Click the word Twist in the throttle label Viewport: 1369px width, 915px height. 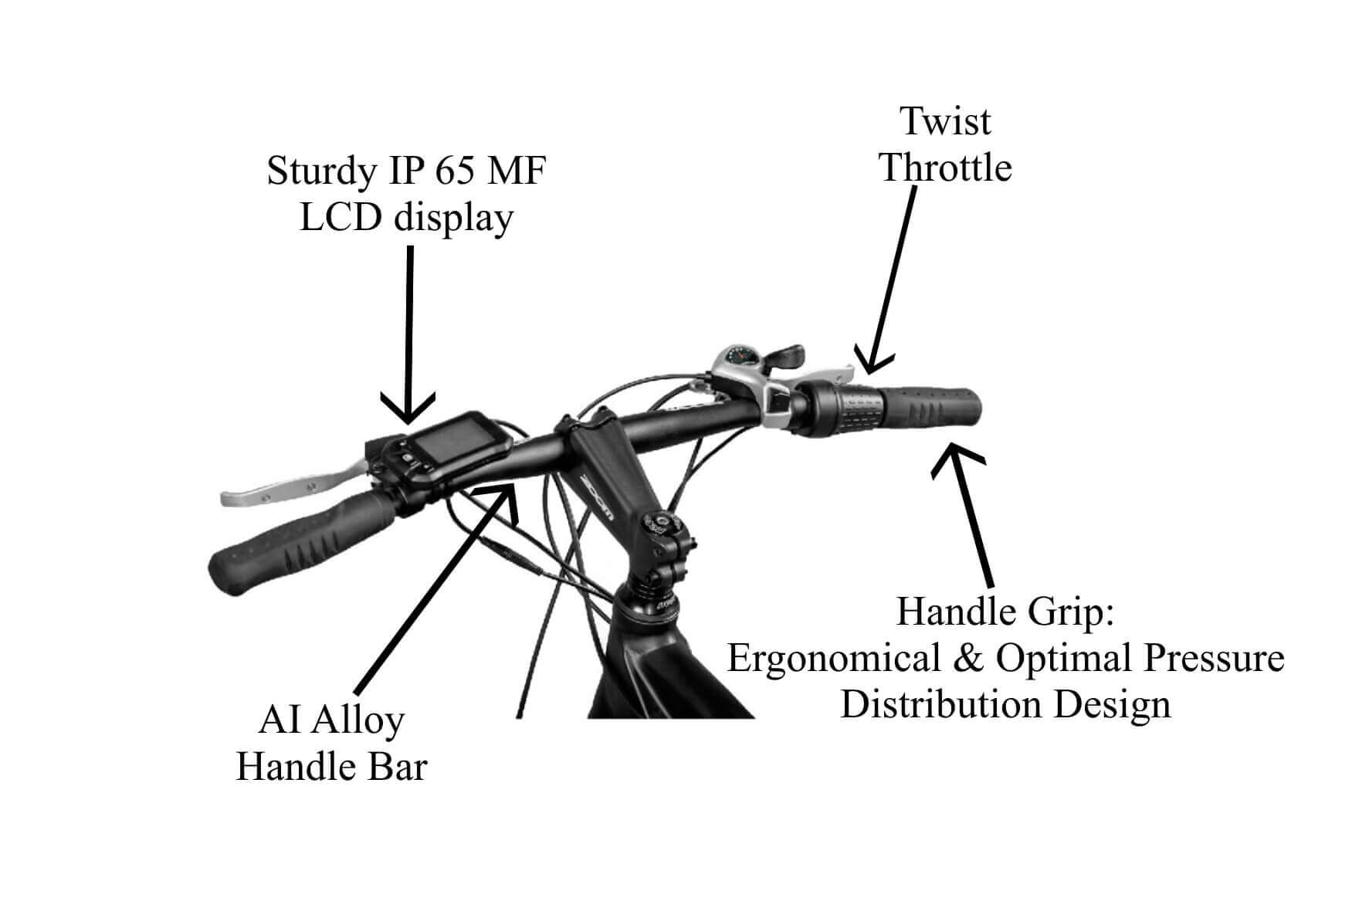click(945, 121)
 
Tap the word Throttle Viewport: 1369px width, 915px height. click(946, 168)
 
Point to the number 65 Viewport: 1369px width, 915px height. click(459, 171)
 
